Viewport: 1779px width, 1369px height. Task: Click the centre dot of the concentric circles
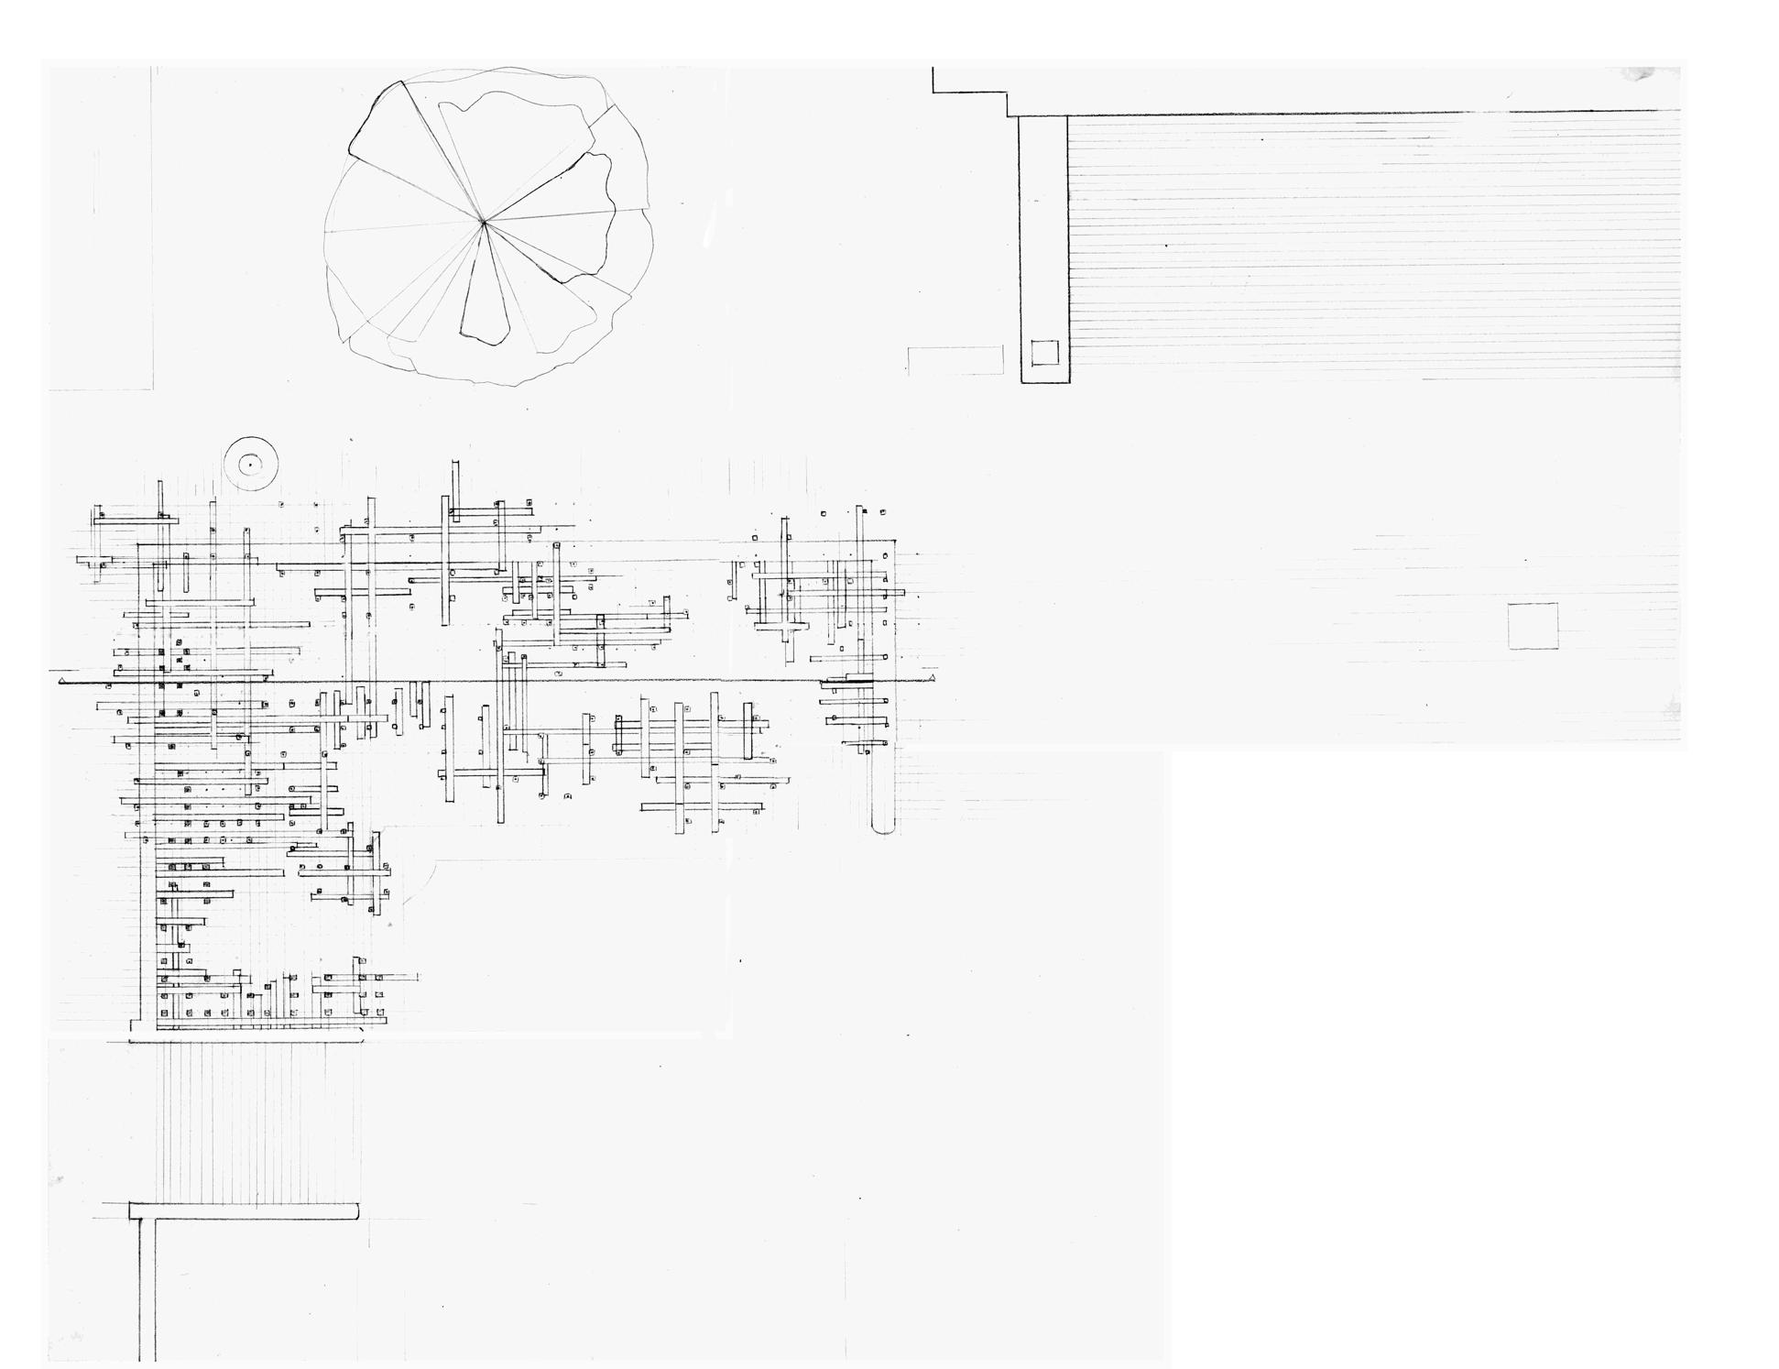[x=250, y=465]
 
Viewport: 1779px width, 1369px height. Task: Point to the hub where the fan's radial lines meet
[x=484, y=221]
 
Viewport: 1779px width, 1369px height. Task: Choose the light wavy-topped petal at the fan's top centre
[x=513, y=137]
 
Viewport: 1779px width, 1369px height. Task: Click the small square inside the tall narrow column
[x=1044, y=352]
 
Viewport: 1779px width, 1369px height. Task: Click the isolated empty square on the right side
[x=1533, y=626]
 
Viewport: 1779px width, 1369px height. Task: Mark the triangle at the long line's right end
[x=932, y=679]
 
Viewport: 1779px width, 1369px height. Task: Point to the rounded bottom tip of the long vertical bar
[x=883, y=828]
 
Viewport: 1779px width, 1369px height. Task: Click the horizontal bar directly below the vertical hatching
[x=243, y=1211]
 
